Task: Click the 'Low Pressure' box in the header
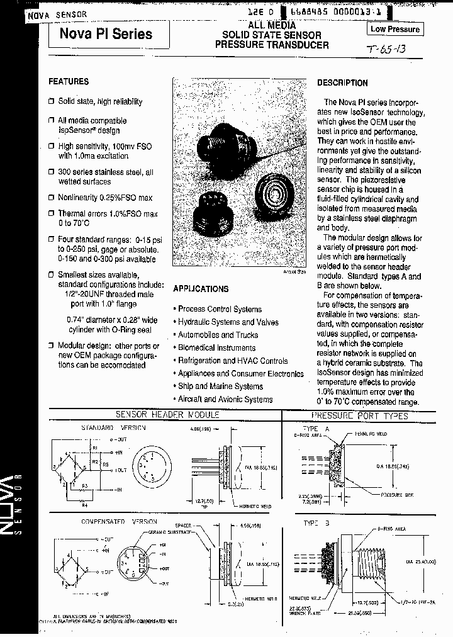(x=394, y=29)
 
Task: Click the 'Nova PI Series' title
(x=106, y=33)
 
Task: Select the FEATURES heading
(x=69, y=82)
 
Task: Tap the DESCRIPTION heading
(x=342, y=82)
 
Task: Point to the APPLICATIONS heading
(x=201, y=289)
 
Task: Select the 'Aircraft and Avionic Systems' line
(x=225, y=399)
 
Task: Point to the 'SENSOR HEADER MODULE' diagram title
(x=167, y=415)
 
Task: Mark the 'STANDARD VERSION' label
(x=113, y=427)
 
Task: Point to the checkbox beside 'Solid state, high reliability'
(x=52, y=101)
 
